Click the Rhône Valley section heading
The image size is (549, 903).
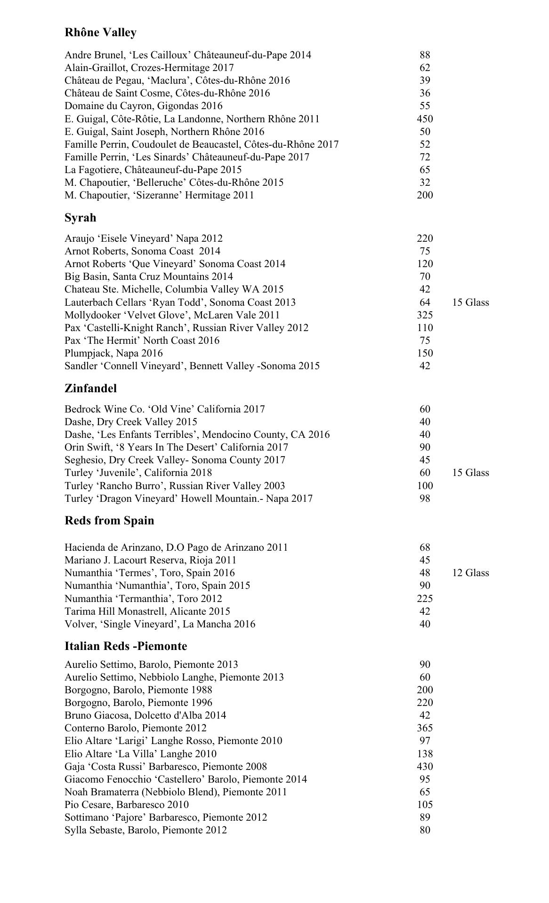pos(100,32)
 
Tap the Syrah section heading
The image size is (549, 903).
pos(80,218)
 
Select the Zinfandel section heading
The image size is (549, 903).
pos(90,388)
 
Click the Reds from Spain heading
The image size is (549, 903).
pos(109,521)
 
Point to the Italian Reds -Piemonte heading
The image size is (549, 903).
pos(126,646)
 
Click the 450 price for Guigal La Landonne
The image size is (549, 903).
pos(425,119)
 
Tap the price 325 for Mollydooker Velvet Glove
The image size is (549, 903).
pos(425,315)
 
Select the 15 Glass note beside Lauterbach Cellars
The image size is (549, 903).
pos(470,302)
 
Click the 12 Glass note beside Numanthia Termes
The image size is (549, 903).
pos(470,573)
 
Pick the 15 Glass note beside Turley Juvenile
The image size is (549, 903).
pos(470,473)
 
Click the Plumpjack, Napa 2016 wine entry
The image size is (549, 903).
pos(113,353)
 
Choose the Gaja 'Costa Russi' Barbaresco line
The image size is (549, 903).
pos(166,767)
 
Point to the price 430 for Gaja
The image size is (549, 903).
pos(425,767)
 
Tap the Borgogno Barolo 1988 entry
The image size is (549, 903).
pos(138,690)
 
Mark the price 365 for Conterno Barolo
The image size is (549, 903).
pos(425,728)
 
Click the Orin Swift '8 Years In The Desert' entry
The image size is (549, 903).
pos(176,447)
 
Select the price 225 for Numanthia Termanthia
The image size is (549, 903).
pos(425,599)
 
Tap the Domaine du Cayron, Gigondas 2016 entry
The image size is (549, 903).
pos(144,106)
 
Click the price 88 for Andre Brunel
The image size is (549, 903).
pos(425,55)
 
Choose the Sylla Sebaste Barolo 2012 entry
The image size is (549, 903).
pos(145,830)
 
